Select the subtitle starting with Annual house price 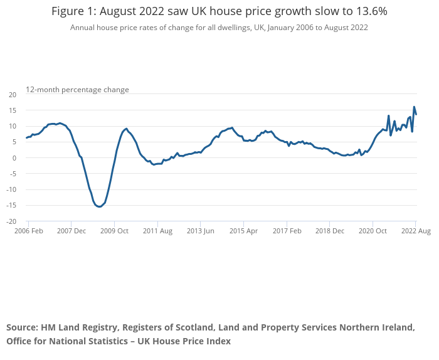(x=219, y=28)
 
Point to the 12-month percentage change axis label (x=77, y=90)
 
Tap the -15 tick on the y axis (x=12, y=206)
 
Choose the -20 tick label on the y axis (x=12, y=221)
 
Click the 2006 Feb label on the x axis (x=29, y=231)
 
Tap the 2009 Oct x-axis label (x=114, y=231)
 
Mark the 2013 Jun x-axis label (x=200, y=231)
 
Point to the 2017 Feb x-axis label (x=286, y=231)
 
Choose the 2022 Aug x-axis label (x=416, y=231)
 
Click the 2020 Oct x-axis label (x=373, y=231)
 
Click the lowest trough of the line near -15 (x=99, y=207)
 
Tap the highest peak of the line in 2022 (x=414, y=107)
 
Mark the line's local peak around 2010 (x=126, y=129)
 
